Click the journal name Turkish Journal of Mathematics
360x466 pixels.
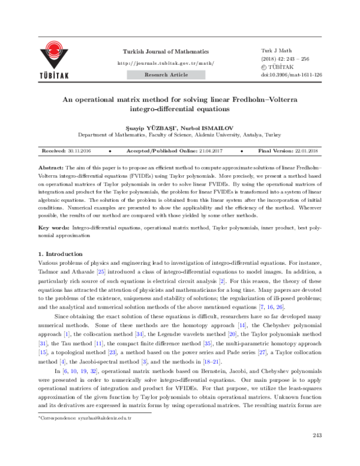(x=166, y=52)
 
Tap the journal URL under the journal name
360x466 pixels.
(x=166, y=63)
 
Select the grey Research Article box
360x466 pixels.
(x=166, y=74)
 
